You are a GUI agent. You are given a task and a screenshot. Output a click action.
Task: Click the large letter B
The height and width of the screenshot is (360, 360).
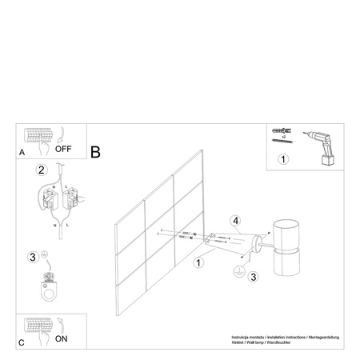(96, 150)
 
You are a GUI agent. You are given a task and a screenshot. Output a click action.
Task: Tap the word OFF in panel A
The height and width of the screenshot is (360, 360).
(64, 149)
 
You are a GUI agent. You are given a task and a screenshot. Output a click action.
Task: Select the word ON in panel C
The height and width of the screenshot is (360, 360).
(61, 338)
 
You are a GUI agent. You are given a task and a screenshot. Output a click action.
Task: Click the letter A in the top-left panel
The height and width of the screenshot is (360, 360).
(22, 149)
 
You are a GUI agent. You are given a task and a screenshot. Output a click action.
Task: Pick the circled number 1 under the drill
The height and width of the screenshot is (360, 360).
(282, 158)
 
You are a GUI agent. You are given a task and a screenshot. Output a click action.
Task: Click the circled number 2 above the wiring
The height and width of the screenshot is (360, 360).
(41, 170)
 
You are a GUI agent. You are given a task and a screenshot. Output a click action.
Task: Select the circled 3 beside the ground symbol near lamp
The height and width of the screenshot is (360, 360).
(253, 278)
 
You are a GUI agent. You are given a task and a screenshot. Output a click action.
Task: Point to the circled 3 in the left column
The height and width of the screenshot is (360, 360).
(32, 257)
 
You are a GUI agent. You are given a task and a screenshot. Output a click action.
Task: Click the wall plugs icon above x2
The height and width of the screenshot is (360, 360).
(284, 130)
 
